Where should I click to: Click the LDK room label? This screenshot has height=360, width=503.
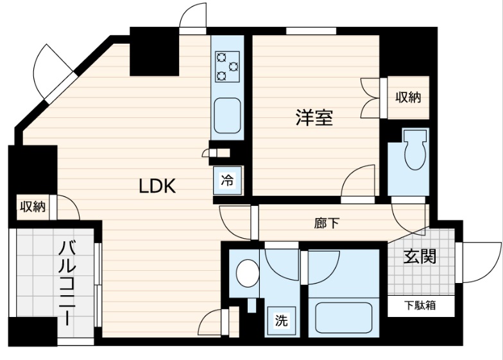(x=158, y=186)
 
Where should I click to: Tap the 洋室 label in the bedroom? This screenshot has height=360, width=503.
(x=314, y=117)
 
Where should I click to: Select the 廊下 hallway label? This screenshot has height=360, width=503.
(x=327, y=223)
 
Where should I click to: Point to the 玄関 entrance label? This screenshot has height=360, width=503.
(x=420, y=257)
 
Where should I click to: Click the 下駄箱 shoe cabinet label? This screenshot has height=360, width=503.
(x=420, y=305)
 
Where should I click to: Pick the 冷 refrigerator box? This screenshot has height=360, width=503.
(x=227, y=180)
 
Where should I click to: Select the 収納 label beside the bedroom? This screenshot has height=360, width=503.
(x=407, y=98)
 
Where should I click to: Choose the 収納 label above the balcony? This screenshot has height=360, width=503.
(x=32, y=207)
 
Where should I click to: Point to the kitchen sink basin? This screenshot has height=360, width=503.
(x=227, y=116)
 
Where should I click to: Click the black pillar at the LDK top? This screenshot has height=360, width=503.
(x=154, y=52)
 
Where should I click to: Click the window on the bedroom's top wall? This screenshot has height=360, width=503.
(x=311, y=30)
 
